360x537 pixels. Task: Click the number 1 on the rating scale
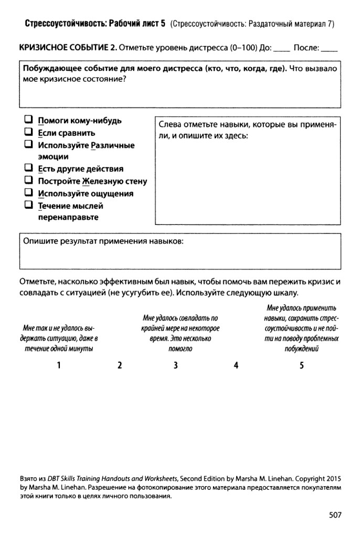point(59,366)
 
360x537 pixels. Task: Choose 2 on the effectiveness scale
point(120,366)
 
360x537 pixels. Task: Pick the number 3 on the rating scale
point(176,366)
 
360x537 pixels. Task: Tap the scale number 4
point(236,366)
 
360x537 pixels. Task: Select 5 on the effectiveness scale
point(301,366)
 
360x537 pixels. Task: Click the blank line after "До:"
point(282,50)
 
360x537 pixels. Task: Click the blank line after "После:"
point(330,50)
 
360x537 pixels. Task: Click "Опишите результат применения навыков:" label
point(103,242)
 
